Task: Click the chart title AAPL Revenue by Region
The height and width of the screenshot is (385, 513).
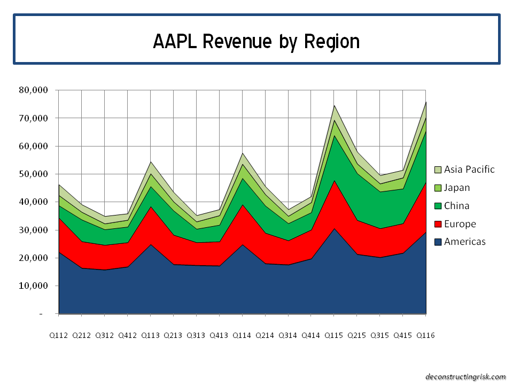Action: click(x=256, y=41)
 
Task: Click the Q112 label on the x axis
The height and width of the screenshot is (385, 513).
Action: click(x=59, y=335)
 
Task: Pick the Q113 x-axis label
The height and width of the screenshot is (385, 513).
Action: click(x=150, y=335)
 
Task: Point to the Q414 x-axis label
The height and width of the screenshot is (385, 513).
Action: click(x=311, y=335)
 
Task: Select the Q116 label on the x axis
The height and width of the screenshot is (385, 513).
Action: click(x=425, y=335)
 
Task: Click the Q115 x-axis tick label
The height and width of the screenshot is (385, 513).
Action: click(x=334, y=335)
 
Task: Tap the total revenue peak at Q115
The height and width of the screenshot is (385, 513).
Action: click(x=334, y=105)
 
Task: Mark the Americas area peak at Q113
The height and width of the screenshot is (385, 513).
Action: click(x=150, y=245)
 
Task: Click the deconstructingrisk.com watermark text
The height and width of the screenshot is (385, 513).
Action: click(x=465, y=376)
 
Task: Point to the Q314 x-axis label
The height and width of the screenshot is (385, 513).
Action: click(x=288, y=335)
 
